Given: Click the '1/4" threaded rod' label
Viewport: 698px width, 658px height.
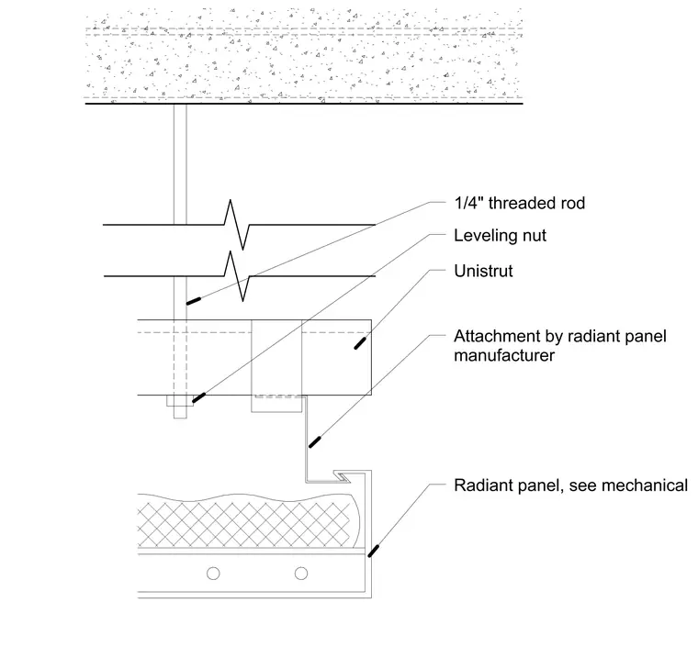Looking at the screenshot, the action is click(519, 203).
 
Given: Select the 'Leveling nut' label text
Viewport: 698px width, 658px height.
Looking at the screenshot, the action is click(500, 236).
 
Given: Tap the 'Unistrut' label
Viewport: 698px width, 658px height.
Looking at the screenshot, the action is click(483, 271).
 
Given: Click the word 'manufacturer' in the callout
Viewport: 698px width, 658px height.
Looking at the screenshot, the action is click(504, 355).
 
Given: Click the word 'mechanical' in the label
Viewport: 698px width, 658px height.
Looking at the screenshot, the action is click(651, 485).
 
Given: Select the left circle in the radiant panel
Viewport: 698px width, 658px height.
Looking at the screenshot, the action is click(213, 574).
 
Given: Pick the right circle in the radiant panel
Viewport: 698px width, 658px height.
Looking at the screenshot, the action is click(301, 574).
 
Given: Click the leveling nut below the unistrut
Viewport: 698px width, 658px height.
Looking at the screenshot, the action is click(180, 400).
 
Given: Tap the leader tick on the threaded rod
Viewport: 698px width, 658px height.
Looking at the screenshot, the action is click(193, 301).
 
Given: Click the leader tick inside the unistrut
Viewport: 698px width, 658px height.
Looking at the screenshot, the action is click(360, 343).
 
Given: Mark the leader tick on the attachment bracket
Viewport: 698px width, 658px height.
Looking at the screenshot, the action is click(315, 442).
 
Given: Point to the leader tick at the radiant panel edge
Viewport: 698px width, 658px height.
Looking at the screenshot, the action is click(373, 551).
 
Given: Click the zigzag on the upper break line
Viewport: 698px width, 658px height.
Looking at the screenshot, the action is click(237, 225).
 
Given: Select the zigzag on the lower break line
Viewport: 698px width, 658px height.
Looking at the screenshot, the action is click(237, 276).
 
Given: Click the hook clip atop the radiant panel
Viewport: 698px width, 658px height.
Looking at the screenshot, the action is click(343, 477).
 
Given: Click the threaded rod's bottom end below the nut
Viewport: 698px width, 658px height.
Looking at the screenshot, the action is click(180, 418).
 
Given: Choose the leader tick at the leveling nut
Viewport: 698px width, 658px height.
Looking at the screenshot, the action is click(198, 397).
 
